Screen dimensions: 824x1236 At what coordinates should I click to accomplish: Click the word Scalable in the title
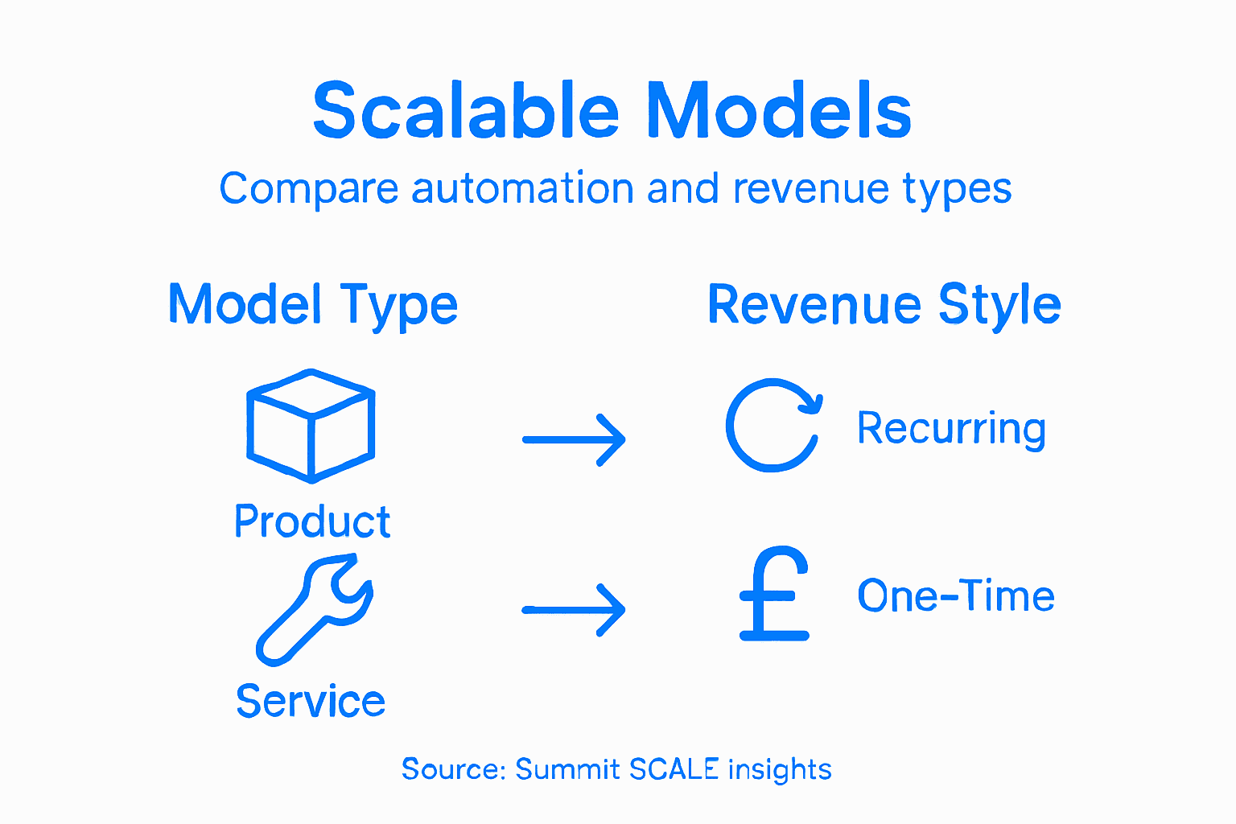(466, 111)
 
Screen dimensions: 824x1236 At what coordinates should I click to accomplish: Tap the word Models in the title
(778, 111)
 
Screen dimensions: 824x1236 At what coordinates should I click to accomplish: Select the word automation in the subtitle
(523, 189)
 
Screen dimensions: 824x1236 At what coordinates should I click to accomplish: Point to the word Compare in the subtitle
(309, 190)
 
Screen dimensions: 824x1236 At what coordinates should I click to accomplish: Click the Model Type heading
(313, 305)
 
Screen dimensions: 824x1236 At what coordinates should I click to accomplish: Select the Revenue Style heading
(884, 305)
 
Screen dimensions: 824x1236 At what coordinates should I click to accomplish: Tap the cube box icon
(311, 426)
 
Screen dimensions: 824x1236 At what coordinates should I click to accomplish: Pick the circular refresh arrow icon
(773, 425)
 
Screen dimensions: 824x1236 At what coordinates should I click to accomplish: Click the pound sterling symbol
(773, 595)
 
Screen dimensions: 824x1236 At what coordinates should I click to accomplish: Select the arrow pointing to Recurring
(574, 439)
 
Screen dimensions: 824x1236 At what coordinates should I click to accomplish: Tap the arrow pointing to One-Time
(574, 610)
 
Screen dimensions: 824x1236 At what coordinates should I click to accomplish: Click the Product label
(312, 521)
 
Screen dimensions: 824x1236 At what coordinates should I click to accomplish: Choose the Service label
(311, 701)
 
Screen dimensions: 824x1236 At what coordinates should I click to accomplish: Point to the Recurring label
(951, 428)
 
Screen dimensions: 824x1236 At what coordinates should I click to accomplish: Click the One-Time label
(955, 596)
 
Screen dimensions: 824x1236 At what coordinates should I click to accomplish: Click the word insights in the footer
(780, 769)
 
